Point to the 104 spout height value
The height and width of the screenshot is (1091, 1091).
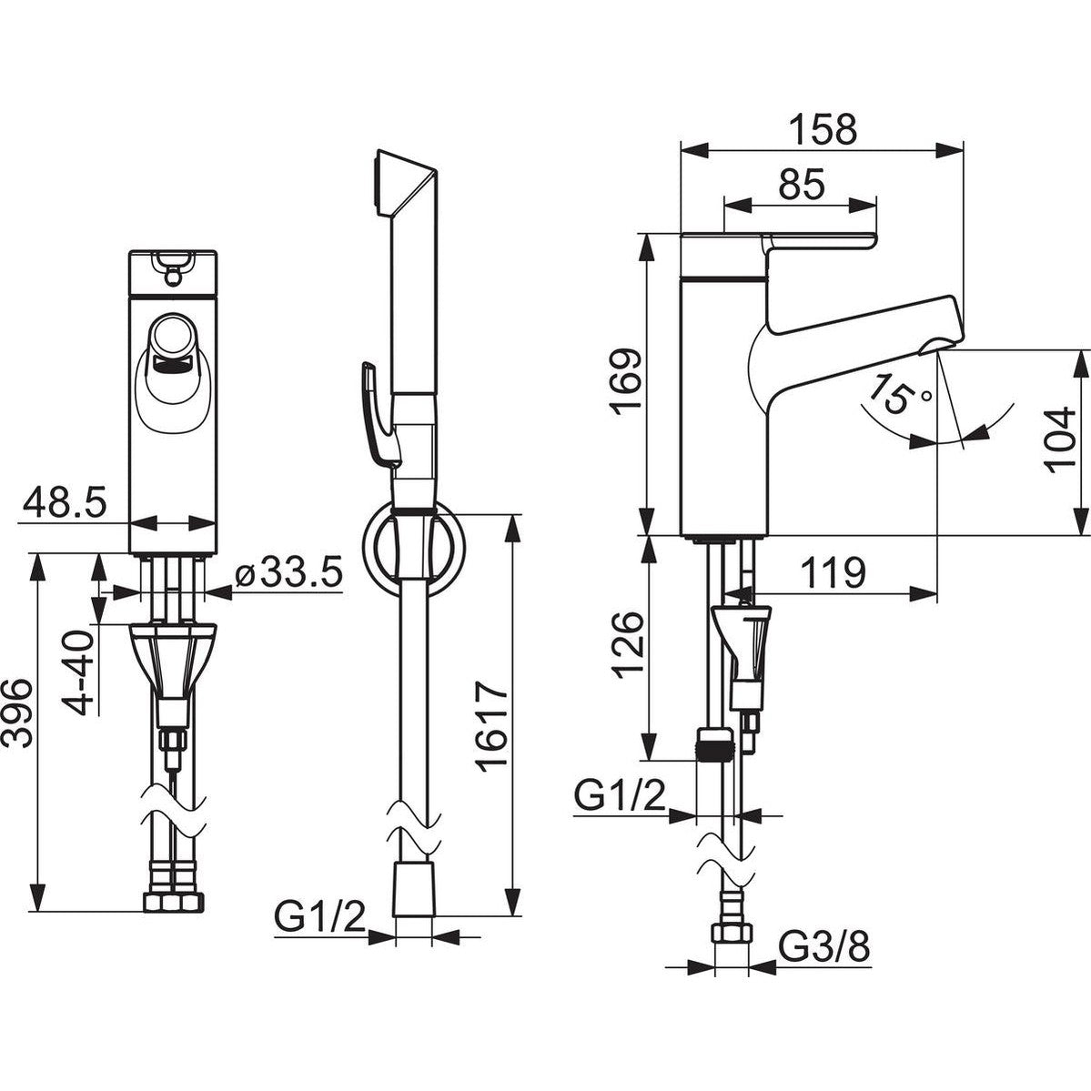(x=1060, y=439)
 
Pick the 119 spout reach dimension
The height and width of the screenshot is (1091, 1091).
(x=833, y=573)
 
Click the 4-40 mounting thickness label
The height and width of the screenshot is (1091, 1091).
(x=80, y=672)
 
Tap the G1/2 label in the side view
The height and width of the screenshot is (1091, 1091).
(x=620, y=796)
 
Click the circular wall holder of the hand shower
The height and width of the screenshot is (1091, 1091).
(x=415, y=551)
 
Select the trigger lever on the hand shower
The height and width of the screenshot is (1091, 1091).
(x=377, y=414)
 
